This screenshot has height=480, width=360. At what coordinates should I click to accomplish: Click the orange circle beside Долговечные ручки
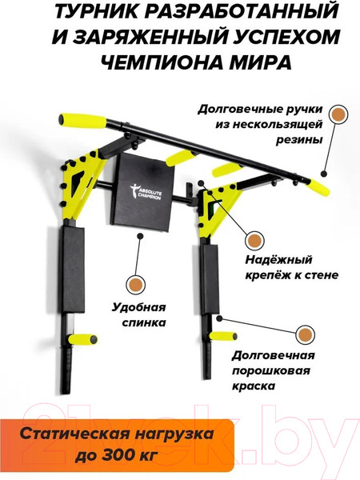point(338,114)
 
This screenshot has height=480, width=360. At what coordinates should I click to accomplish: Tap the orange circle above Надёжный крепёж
point(254,241)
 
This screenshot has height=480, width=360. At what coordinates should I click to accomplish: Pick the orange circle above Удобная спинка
point(135,284)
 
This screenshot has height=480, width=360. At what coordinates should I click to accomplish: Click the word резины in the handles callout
point(299,140)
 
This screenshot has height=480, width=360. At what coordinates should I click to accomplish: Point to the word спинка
point(144,322)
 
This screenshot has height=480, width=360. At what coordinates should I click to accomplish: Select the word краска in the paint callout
point(254,386)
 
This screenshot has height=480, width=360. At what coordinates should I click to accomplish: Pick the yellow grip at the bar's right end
point(319,187)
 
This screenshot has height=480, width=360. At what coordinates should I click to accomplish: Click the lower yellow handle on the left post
point(83,339)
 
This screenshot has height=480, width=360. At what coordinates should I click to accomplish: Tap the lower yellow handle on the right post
point(223,336)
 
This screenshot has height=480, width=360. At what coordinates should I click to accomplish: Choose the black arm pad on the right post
point(210,279)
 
